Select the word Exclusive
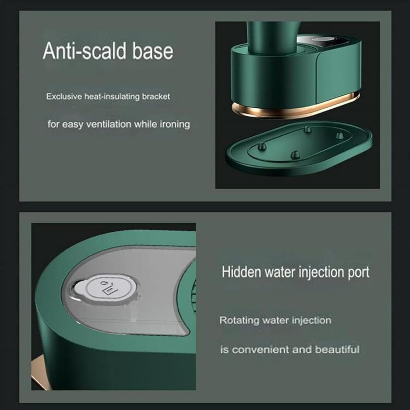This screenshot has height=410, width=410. coord(64,97)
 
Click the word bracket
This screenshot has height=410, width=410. coord(156,97)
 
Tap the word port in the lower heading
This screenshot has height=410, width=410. coord(358,273)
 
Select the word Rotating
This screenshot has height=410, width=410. coord(239,320)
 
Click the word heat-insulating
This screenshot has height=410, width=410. coord(111,97)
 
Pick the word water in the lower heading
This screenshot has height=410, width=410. coord(280,272)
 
